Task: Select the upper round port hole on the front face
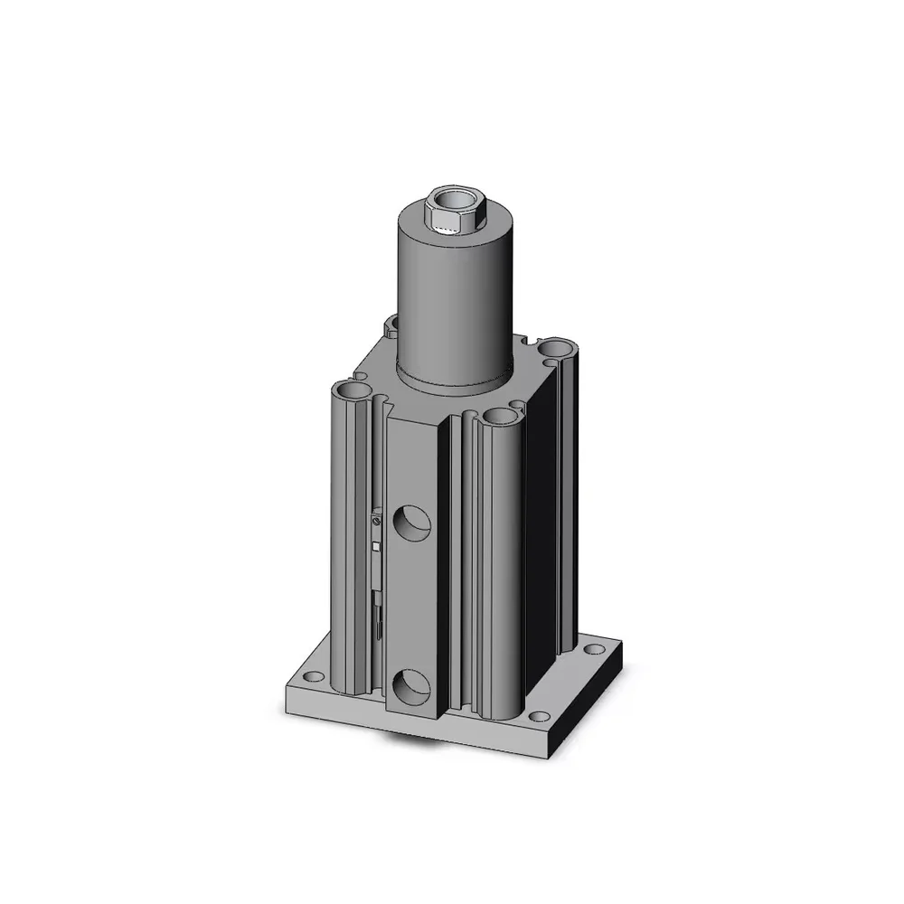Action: [411, 522]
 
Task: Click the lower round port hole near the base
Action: [411, 687]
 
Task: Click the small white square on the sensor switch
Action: [375, 545]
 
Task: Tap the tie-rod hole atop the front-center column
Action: [497, 415]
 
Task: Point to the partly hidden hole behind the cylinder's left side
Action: [392, 324]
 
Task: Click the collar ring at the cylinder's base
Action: [457, 380]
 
